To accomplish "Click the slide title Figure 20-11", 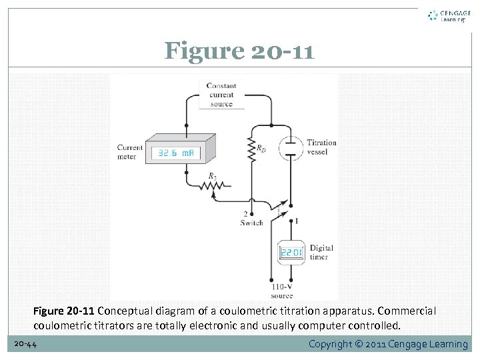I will click(239, 51).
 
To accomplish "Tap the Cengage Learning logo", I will click(449, 16).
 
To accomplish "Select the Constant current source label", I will click(221, 95).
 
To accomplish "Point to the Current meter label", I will click(130, 152).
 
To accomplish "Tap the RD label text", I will click(262, 149).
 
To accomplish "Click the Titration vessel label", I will click(321, 147).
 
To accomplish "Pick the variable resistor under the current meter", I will click(213, 187).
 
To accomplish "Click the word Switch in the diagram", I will click(251, 223).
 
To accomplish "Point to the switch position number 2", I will click(245, 214).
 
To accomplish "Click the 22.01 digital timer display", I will click(291, 253).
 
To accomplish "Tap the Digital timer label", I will click(321, 252).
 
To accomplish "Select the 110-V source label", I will click(281, 291).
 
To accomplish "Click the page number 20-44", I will click(25, 343).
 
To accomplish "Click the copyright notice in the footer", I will click(388, 344).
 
